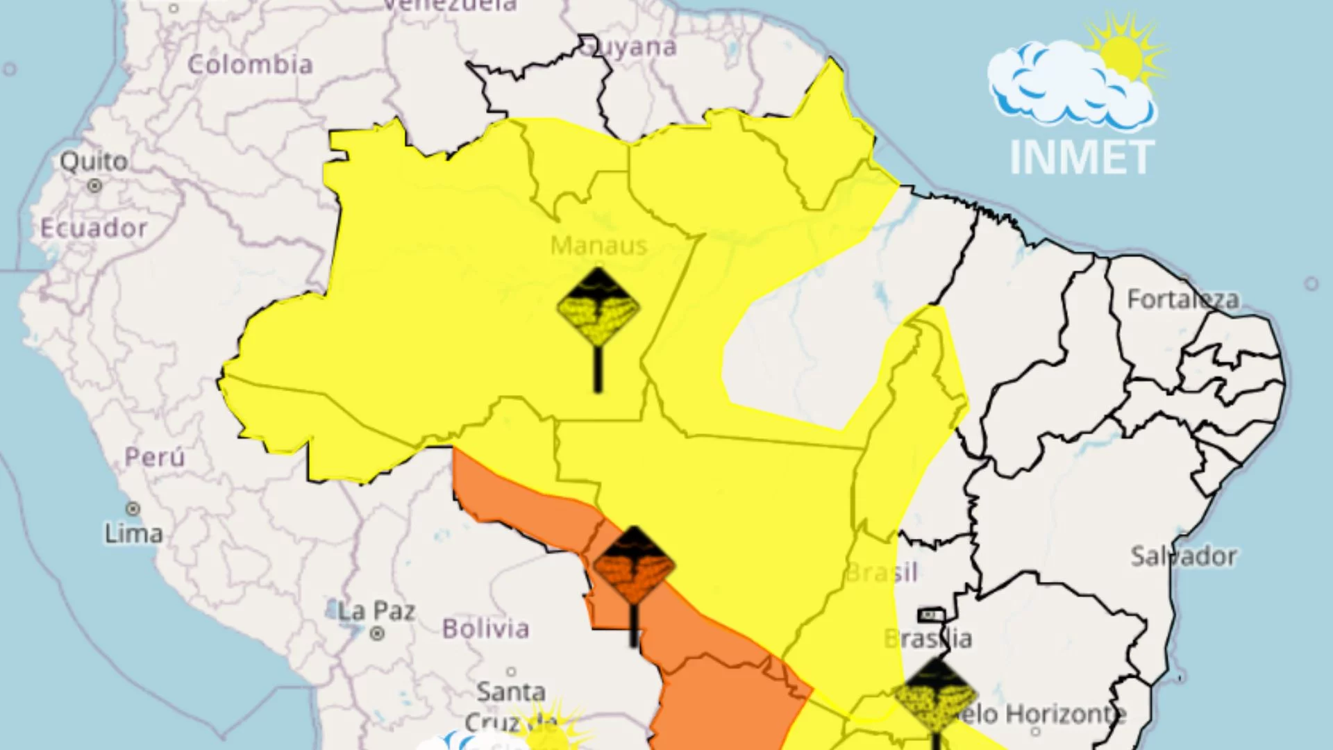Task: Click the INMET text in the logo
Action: coord(1082,158)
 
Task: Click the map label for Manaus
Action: coord(598,245)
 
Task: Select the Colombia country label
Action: coord(250,65)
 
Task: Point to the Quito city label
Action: coord(94,161)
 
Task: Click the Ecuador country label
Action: coord(94,228)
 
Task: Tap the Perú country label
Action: coord(154,457)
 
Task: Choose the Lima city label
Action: coord(133,533)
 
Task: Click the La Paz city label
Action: coord(376,611)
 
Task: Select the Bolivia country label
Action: coord(485,628)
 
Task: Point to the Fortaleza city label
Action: coord(1182,299)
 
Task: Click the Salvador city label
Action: coord(1183,556)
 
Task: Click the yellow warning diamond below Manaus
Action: coord(598,307)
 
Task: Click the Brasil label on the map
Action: coord(882,572)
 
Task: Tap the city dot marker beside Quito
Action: coord(94,185)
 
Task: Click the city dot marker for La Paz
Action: coord(377,633)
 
